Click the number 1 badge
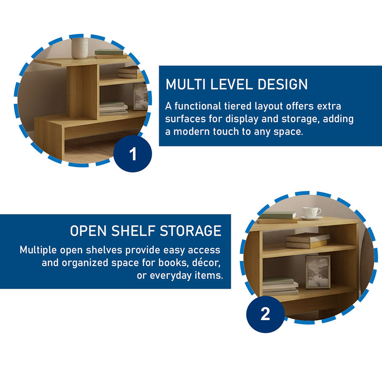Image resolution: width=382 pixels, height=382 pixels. pyautogui.click(x=132, y=154)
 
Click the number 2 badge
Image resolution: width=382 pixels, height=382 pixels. pyautogui.click(x=265, y=314)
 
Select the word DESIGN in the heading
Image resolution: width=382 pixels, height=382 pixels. pyautogui.click(x=283, y=84)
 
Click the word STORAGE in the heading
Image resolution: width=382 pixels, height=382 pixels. pyautogui.click(x=191, y=231)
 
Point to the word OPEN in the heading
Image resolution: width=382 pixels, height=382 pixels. pyautogui.click(x=88, y=231)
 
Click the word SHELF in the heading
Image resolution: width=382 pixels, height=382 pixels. pyautogui.click(x=133, y=231)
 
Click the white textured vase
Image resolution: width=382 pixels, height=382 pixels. pyautogui.click(x=80, y=48)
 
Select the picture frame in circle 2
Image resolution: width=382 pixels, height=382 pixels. pyautogui.click(x=318, y=272)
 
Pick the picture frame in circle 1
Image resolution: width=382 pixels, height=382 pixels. pyautogui.click(x=140, y=97)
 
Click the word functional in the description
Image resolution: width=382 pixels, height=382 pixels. pyautogui.click(x=197, y=106)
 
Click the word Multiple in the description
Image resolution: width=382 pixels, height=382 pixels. pyautogui.click(x=38, y=250)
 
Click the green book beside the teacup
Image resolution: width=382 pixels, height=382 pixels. pyautogui.click(x=278, y=215)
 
